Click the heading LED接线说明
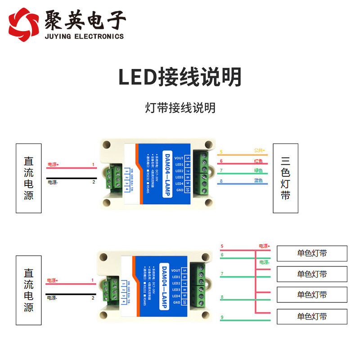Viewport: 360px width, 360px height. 180,77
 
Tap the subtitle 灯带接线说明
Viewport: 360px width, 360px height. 180,108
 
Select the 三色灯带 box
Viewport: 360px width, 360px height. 286,178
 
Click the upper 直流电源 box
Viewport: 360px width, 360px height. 28,178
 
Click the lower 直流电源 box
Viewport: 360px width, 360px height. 28,290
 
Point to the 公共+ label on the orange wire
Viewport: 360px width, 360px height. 259,150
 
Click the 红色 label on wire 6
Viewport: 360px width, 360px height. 258,161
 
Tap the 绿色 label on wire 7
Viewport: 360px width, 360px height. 258,171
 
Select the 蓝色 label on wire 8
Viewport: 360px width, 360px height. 258,181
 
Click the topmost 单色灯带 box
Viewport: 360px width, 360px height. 312,253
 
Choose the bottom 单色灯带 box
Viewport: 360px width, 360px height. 312,316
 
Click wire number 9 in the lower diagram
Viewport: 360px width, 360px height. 222,318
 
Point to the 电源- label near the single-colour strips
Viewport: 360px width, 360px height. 264,262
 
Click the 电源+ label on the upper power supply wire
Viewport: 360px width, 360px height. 53,165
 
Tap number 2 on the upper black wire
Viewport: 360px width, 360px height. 94,182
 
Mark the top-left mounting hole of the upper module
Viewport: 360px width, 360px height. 107,145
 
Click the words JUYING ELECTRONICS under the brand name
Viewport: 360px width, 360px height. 84,36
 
